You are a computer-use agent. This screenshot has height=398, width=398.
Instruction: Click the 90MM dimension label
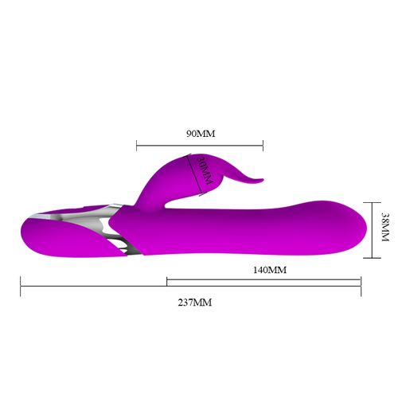[201, 133]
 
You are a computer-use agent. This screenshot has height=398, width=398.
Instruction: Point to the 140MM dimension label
[269, 270]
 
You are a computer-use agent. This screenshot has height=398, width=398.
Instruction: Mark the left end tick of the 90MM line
[137, 146]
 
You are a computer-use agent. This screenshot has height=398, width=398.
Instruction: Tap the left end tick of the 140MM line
[166, 280]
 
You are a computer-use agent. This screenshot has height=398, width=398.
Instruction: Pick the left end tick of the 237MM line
[21, 286]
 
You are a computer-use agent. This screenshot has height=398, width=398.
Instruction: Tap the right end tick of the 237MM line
[361, 286]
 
